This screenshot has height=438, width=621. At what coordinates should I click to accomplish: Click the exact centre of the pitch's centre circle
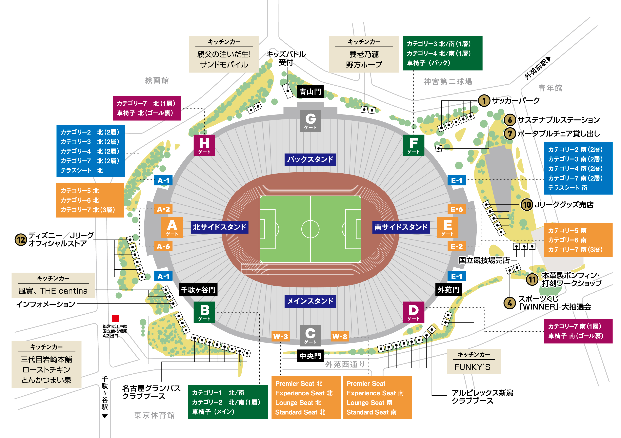tap(310, 229)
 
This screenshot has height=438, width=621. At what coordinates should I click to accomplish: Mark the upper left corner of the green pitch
tap(260, 196)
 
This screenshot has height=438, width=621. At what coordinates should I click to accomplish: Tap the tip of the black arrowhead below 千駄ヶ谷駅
tap(105, 418)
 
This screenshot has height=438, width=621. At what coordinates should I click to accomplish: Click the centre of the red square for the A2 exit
tap(115, 318)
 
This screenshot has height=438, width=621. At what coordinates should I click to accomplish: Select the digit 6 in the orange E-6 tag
tap(460, 209)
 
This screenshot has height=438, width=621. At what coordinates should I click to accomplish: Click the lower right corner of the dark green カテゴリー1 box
tap(268, 419)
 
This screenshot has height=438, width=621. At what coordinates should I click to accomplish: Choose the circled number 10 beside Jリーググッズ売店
tap(527, 204)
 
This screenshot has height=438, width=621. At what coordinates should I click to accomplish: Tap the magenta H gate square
tap(204, 145)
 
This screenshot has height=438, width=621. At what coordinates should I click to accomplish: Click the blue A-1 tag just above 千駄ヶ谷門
tap(163, 276)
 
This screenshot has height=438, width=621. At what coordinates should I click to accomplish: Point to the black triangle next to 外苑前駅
tap(548, 59)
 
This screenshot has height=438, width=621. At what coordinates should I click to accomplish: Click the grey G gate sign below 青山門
tap(310, 121)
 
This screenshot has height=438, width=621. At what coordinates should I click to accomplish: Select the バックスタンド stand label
tap(310, 159)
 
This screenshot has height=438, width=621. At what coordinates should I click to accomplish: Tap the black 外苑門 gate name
tap(449, 290)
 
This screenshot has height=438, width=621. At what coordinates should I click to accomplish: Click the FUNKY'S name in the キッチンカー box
tap(472, 367)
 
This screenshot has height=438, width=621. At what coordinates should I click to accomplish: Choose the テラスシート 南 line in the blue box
tap(568, 188)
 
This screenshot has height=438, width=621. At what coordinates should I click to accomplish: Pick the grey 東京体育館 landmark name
tap(154, 415)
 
